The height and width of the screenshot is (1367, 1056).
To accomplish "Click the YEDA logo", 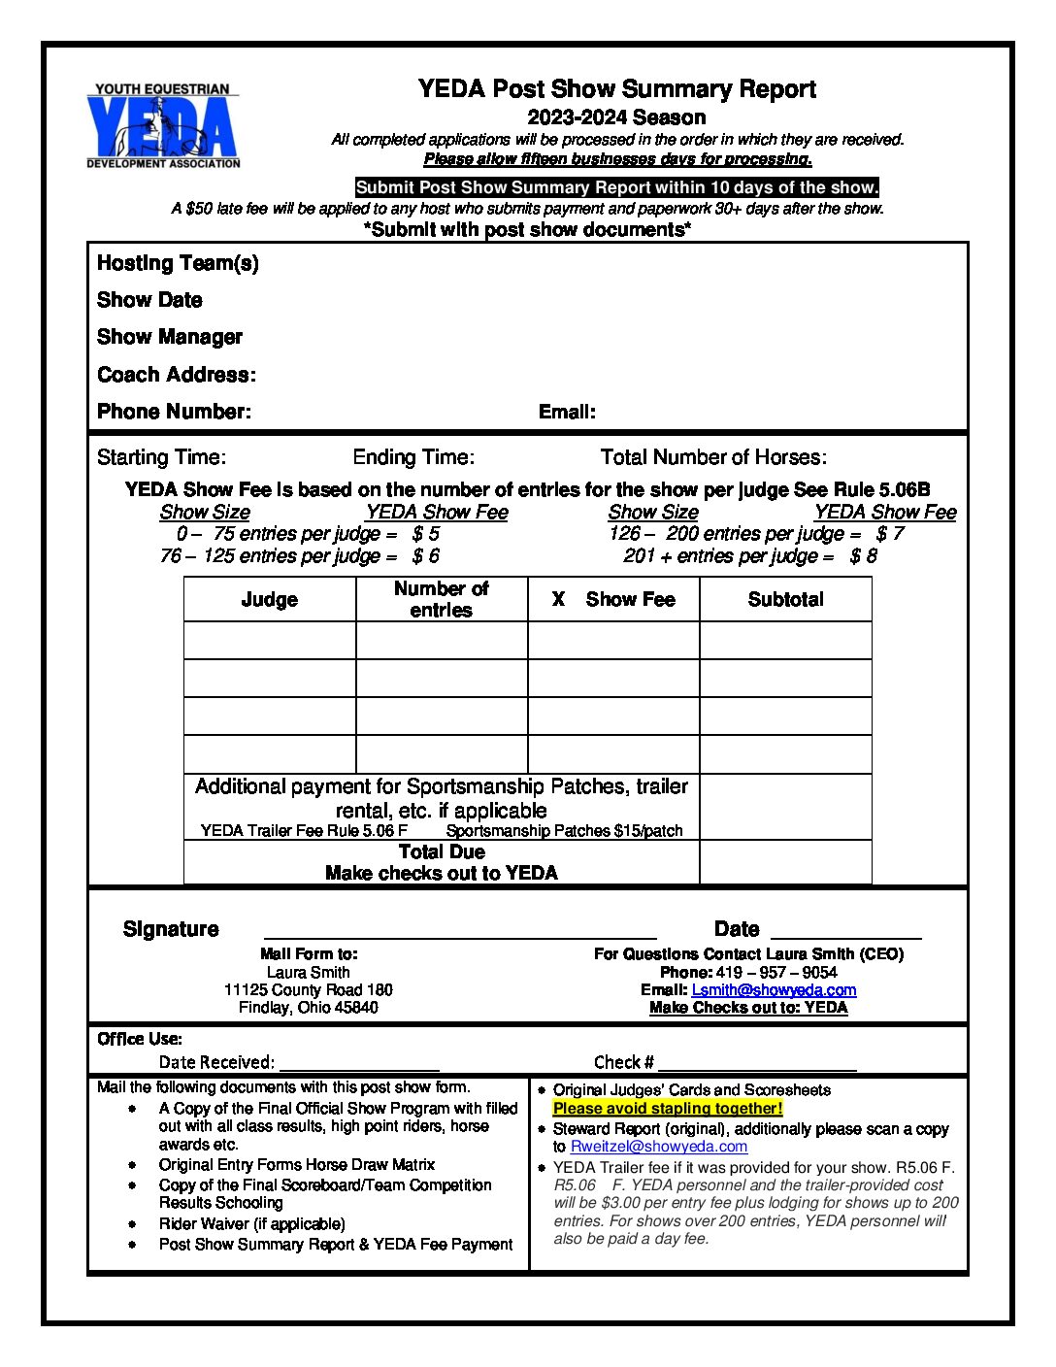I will (162, 126).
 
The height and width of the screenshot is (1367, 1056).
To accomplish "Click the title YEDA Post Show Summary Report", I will (616, 89).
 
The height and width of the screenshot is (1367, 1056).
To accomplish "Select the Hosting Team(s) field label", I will (178, 263).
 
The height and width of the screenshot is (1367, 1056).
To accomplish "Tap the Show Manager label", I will (170, 337).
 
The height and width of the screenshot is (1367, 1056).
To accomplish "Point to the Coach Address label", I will (177, 375).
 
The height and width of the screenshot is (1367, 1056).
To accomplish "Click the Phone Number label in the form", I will (174, 412).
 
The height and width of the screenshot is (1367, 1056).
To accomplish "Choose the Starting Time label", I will (161, 457).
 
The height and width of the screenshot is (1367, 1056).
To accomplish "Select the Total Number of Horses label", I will (713, 457).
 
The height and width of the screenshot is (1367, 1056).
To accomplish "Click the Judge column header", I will (269, 600).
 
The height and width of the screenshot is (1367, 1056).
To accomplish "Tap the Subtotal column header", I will (785, 600).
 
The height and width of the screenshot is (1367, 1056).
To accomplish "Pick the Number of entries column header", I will (441, 599).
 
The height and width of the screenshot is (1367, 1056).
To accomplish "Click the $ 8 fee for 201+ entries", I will (863, 556).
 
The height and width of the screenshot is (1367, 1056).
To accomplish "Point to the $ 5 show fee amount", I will (425, 534).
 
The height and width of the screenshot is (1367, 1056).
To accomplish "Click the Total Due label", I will (442, 851).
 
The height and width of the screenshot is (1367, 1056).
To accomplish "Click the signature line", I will (460, 932).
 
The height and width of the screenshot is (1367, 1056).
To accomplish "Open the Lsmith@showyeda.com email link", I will (774, 990).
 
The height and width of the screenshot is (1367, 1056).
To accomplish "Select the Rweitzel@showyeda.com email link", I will (659, 1147).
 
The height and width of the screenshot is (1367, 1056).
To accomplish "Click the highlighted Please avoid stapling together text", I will (668, 1109).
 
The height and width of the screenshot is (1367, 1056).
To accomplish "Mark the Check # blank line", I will (757, 1064).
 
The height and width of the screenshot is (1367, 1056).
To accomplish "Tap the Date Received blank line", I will (359, 1064).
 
